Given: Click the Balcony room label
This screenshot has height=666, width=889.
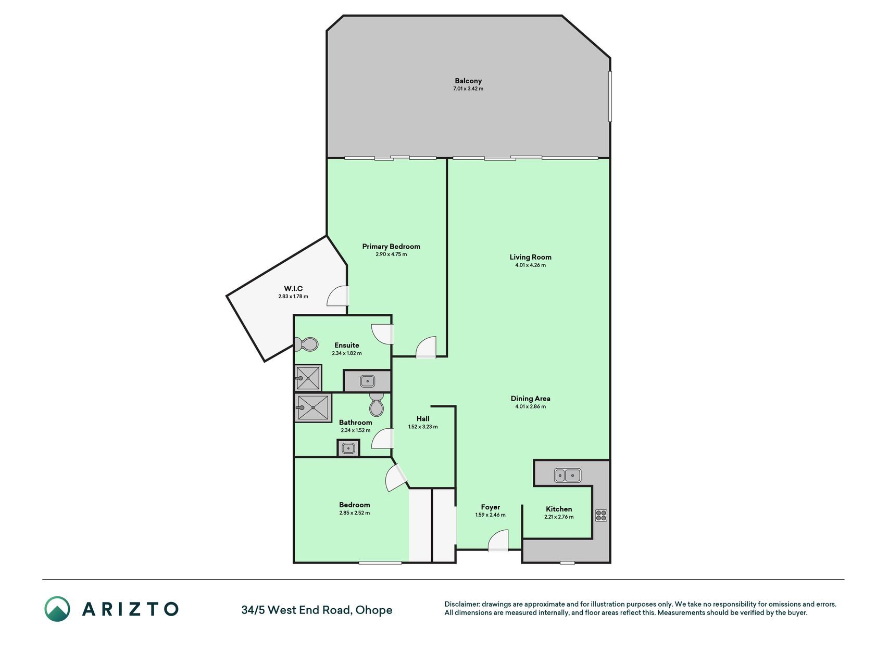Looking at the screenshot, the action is [468, 81].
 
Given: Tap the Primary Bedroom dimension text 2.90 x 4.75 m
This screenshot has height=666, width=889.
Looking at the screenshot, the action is [391, 254].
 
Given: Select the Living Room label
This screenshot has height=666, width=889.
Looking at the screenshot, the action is [530, 257].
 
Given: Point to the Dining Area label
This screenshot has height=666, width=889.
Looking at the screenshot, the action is [530, 399].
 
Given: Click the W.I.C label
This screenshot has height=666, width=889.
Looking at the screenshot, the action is [293, 289].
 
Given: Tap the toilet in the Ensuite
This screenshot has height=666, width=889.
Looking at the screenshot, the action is [306, 344].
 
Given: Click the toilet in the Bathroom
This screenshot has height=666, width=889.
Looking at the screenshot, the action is [377, 404].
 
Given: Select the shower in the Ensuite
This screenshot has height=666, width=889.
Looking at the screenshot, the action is [308, 378].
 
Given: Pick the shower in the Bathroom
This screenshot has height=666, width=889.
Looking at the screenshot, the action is [313, 407].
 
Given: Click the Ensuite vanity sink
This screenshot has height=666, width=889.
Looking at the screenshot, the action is [367, 381].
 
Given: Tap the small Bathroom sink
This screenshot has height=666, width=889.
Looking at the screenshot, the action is [348, 448].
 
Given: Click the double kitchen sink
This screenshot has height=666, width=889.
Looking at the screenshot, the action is [567, 475].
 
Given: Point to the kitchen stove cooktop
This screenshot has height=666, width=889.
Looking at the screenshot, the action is [601, 515].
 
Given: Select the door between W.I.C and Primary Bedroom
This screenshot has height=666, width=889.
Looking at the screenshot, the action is [338, 296].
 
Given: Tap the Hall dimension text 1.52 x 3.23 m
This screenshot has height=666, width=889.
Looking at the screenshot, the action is [423, 427].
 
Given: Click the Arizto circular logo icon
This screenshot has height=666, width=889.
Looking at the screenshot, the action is [57, 609].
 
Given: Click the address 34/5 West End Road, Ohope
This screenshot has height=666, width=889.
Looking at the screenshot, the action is [317, 610].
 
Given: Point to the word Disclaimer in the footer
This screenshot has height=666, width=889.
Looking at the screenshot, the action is [461, 604].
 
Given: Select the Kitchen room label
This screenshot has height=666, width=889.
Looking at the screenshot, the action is [559, 509].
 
